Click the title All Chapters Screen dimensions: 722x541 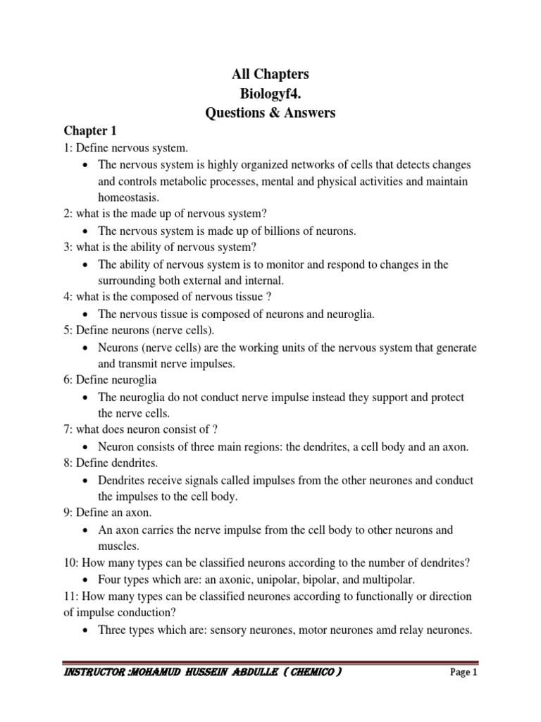click(x=270, y=75)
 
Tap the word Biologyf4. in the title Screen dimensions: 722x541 click(x=270, y=93)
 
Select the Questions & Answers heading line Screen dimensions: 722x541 click(x=270, y=112)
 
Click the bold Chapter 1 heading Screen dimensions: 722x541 click(x=90, y=131)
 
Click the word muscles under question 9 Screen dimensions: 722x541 click(x=119, y=546)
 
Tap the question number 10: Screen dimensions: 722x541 click(x=73, y=563)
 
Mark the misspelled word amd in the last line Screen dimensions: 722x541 click(x=380, y=630)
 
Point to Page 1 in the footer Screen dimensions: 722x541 click(x=464, y=673)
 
